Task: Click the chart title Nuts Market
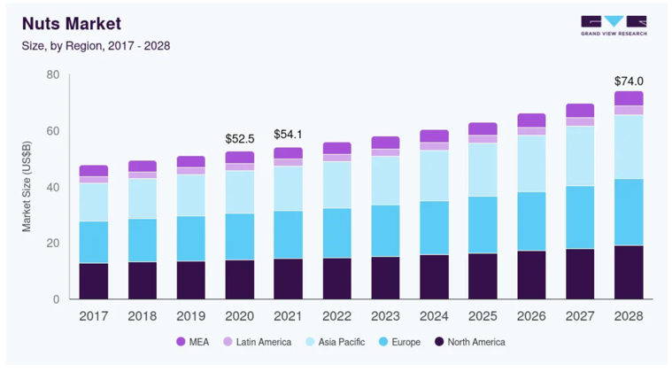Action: [72, 23]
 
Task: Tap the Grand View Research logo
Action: [613, 25]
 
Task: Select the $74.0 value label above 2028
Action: [629, 81]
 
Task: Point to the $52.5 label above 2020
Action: [239, 139]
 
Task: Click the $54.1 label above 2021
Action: [288, 134]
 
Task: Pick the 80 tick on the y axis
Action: [52, 75]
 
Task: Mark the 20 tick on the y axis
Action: [52, 244]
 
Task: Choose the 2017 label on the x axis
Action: [93, 315]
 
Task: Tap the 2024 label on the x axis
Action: [434, 315]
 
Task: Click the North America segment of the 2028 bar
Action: [629, 272]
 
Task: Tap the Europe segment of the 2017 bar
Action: [93, 242]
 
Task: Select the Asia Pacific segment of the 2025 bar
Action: [483, 169]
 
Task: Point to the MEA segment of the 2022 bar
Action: [336, 148]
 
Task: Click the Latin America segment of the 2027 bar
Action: [580, 122]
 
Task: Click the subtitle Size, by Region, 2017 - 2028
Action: [97, 45]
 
